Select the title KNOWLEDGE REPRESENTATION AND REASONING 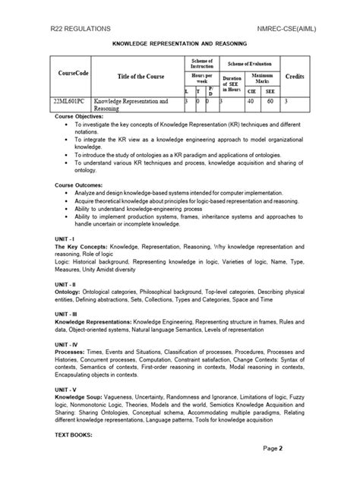(x=180, y=45)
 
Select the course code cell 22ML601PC (x=71, y=99)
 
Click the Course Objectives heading (x=83, y=117)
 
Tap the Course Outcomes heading (x=82, y=185)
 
